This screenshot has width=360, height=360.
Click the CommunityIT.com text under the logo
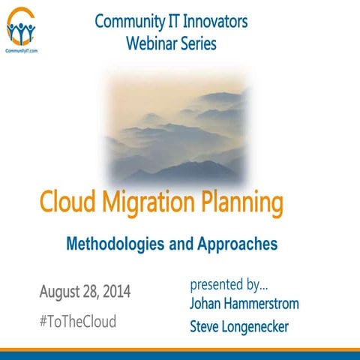pyautogui.click(x=22, y=50)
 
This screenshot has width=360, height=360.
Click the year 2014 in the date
pyautogui.click(x=114, y=291)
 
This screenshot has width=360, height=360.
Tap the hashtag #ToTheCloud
pyautogui.click(x=77, y=322)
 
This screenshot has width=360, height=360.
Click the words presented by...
pyautogui.click(x=229, y=285)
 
